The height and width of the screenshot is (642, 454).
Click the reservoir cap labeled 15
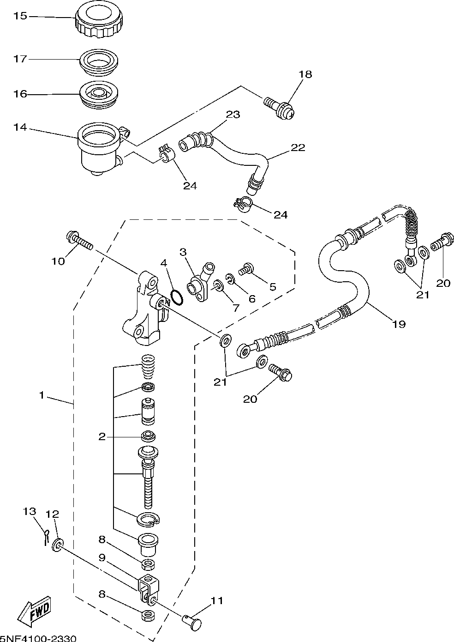pyautogui.click(x=99, y=22)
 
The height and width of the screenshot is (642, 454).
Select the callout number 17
pyautogui.click(x=20, y=59)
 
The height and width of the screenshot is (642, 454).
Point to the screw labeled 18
pyautogui.click(x=280, y=109)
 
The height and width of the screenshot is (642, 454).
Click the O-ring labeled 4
pyautogui.click(x=177, y=297)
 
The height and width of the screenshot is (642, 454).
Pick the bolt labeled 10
pyautogui.click(x=79, y=241)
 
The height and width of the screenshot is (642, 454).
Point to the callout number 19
pyautogui.click(x=399, y=324)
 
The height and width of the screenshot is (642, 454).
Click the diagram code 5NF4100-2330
pyautogui.click(x=38, y=638)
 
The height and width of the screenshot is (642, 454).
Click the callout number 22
pyautogui.click(x=298, y=148)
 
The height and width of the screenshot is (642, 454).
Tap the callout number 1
pyautogui.click(x=42, y=395)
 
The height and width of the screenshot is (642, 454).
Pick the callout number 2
pyautogui.click(x=102, y=437)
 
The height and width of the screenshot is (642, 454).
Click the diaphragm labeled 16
pyautogui.click(x=99, y=95)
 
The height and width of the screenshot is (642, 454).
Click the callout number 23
pyautogui.click(x=233, y=115)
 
